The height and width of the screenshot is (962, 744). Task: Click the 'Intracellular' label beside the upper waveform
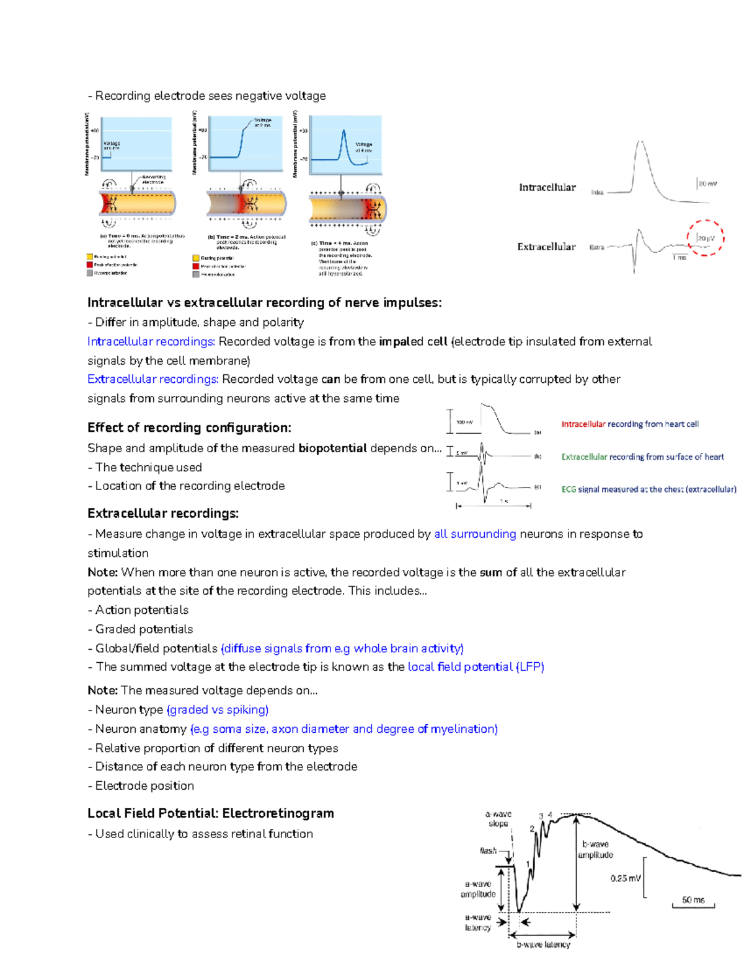tap(547, 187)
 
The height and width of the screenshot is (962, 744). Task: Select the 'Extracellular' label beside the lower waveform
tap(546, 247)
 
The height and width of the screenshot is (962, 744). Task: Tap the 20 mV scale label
tap(707, 183)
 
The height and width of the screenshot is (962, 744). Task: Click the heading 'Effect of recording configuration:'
tap(189, 427)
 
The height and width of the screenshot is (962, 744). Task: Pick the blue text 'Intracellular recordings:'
tap(151, 341)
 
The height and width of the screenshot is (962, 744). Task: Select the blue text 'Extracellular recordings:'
tap(153, 379)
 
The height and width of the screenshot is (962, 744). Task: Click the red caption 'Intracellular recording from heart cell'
tap(630, 424)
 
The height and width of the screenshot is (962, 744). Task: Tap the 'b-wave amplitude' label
tap(595, 849)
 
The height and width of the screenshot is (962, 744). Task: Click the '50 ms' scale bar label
tap(693, 899)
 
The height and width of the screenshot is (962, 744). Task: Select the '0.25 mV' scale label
tap(626, 878)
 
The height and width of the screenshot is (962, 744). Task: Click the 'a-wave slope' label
tap(498, 819)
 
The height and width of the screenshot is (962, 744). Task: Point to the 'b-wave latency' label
tap(543, 945)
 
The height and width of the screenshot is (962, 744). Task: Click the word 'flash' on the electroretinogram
tap(488, 850)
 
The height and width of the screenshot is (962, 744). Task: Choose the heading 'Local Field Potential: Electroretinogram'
tap(211, 813)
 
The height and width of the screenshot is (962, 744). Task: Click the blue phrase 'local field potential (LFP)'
tap(476, 667)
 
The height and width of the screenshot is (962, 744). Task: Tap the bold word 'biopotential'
tap(332, 448)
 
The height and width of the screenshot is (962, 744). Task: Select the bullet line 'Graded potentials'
tap(144, 629)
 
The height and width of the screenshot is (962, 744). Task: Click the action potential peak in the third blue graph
tap(344, 131)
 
